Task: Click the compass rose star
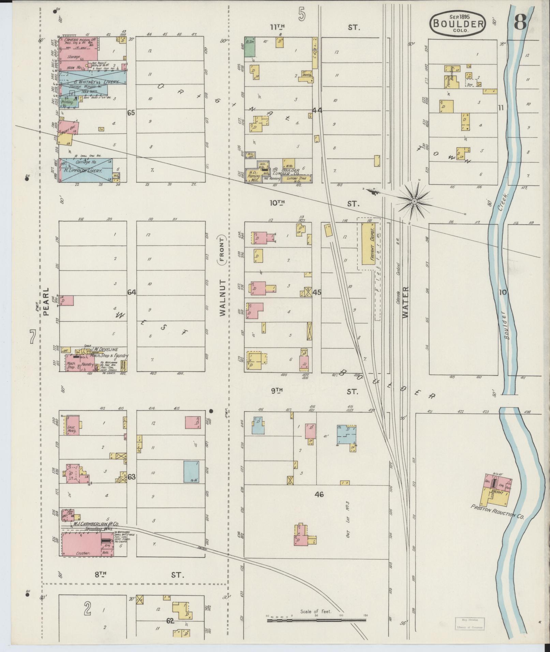414,201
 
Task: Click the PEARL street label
46,302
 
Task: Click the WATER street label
405,302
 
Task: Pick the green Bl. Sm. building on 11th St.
250,47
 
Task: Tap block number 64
132,292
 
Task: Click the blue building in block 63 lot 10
191,471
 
